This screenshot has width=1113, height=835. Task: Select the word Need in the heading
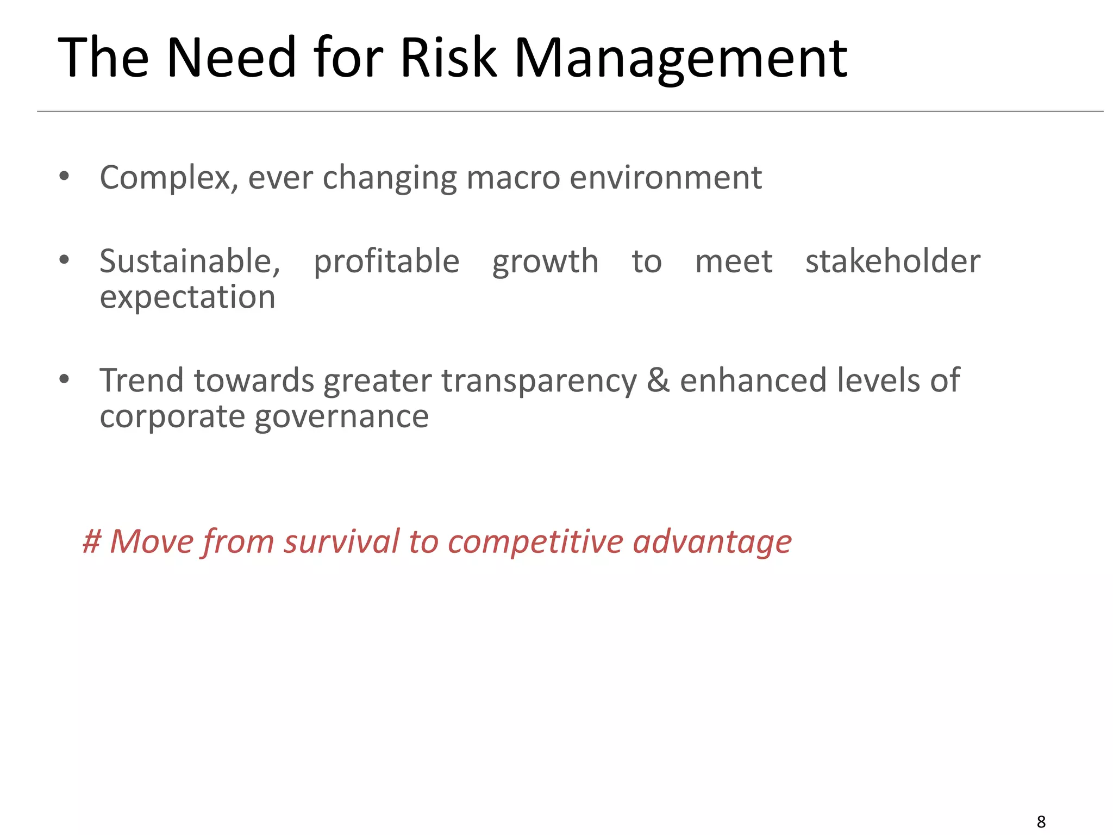(x=231, y=58)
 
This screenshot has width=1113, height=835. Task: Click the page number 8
(x=1041, y=821)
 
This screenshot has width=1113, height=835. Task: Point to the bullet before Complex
(x=64, y=176)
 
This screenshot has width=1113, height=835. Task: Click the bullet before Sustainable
(x=64, y=260)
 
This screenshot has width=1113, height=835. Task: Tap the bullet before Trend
(x=64, y=379)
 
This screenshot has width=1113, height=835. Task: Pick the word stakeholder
(x=892, y=261)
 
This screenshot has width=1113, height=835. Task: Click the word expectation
(x=187, y=298)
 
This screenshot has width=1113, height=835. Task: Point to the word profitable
(x=386, y=262)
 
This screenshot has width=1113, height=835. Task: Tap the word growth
(x=545, y=262)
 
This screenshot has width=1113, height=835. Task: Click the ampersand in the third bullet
(x=658, y=380)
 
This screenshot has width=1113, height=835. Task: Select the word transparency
(x=539, y=381)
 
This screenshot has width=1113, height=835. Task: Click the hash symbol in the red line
(x=92, y=541)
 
